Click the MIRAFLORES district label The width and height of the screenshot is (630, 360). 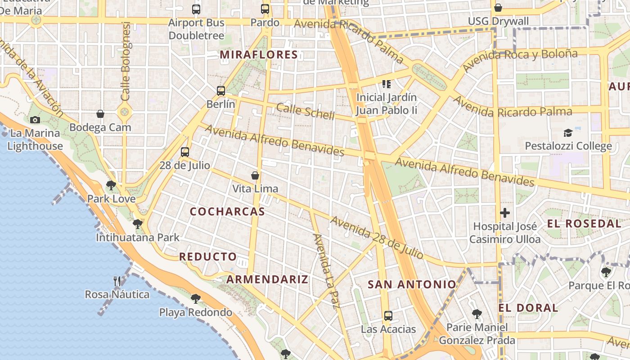pos(259,55)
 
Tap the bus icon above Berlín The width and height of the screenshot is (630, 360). pos(221,90)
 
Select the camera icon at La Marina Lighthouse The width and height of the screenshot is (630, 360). pos(35,120)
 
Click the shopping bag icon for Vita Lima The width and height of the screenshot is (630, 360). pos(255,175)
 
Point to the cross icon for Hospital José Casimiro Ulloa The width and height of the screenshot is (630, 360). pos(505,212)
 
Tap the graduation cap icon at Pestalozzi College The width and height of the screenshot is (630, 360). pos(568,133)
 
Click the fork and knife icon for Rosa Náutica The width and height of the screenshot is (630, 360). pos(117,281)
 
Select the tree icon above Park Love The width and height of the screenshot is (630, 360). pos(111,185)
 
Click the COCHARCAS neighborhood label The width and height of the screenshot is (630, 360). pos(227,211)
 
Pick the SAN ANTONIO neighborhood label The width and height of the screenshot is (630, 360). pos(412,284)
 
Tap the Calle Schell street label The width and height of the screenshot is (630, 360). pos(306,111)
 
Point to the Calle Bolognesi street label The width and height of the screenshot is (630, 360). pos(126,61)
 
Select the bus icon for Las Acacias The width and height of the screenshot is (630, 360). pos(388,316)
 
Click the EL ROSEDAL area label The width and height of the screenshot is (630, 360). pos(584,224)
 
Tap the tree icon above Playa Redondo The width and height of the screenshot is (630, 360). pos(195,298)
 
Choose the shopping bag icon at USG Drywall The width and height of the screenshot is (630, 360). pos(498,8)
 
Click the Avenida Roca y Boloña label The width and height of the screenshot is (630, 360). pos(520,60)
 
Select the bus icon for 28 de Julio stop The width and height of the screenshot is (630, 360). pos(185,152)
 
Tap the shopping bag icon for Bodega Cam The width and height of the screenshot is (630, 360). pos(100,114)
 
